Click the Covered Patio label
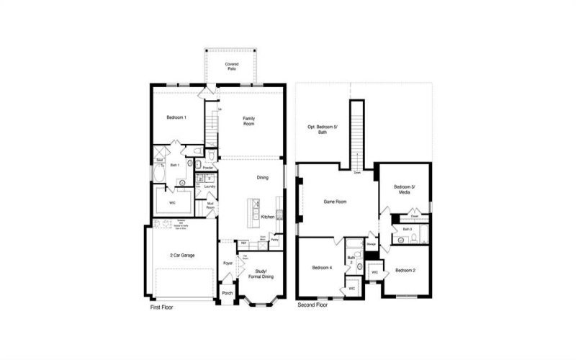(x=231, y=67)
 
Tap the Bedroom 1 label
(x=177, y=117)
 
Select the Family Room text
(x=248, y=121)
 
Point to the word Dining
(x=263, y=178)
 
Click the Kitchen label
(x=266, y=217)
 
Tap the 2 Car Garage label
(x=182, y=256)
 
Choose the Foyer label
(x=228, y=264)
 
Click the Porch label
(x=228, y=293)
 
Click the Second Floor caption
(x=313, y=305)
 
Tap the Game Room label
(x=336, y=202)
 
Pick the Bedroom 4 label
(x=321, y=268)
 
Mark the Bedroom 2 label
(x=405, y=271)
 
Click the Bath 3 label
(x=407, y=230)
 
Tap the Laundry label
(x=210, y=186)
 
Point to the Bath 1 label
(x=174, y=166)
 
